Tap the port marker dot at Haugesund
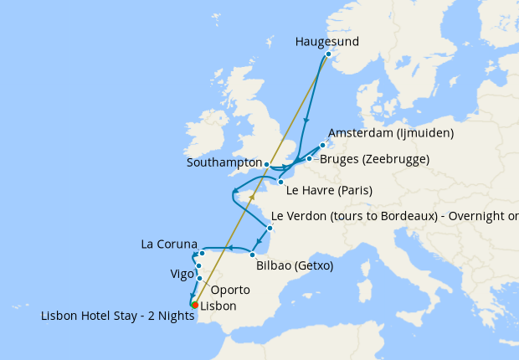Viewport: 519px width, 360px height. click(x=328, y=54)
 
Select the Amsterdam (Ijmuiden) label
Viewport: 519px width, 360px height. click(x=391, y=133)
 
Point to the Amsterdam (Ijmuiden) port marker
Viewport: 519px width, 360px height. click(x=322, y=145)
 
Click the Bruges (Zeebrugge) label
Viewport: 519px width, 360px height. click(x=375, y=159)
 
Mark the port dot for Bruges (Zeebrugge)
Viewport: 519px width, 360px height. click(x=309, y=158)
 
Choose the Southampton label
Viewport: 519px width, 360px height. click(x=221, y=162)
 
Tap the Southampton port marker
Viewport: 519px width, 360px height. click(x=266, y=164)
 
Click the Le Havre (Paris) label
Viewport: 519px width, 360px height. click(x=332, y=190)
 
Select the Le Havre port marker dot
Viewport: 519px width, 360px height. click(x=281, y=182)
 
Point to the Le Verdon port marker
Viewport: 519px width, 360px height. click(x=270, y=228)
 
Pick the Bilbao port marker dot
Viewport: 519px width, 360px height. click(x=252, y=255)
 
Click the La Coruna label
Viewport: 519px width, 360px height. click(x=170, y=244)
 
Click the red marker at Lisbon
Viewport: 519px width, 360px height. click(x=194, y=306)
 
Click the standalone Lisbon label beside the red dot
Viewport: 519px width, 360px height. click(x=218, y=306)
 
